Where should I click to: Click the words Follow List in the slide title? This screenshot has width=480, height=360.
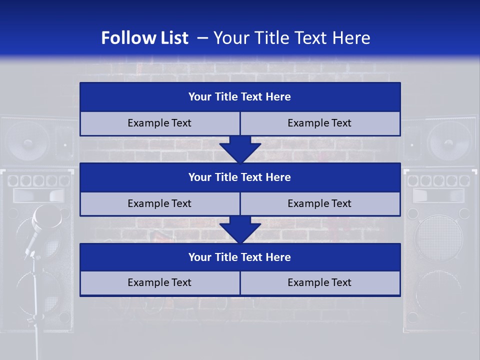point(144,38)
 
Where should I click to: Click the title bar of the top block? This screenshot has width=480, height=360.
point(240,97)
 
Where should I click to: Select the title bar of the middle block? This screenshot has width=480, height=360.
point(240,177)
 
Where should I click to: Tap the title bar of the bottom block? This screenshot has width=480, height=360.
point(240,257)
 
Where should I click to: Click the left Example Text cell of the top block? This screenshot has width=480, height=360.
point(159,123)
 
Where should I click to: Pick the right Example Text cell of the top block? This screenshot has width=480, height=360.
point(319,123)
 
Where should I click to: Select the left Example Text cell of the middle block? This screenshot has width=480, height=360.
point(159,203)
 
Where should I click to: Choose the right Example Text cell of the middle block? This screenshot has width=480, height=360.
point(319,203)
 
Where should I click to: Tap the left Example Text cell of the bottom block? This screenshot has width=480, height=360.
point(159,282)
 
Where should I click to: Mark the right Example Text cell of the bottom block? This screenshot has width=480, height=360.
point(319,282)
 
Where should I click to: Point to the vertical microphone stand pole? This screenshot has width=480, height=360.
point(35,305)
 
